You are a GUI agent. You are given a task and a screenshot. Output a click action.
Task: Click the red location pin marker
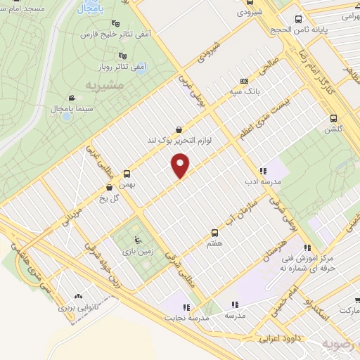[x=181, y=166]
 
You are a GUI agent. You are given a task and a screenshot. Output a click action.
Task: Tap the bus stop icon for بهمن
[x=127, y=172]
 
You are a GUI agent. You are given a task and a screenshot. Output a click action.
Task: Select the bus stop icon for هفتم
[x=215, y=232]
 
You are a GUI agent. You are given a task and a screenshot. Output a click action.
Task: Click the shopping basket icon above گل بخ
[x=109, y=187]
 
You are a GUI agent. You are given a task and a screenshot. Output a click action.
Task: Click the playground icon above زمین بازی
[x=136, y=239]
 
